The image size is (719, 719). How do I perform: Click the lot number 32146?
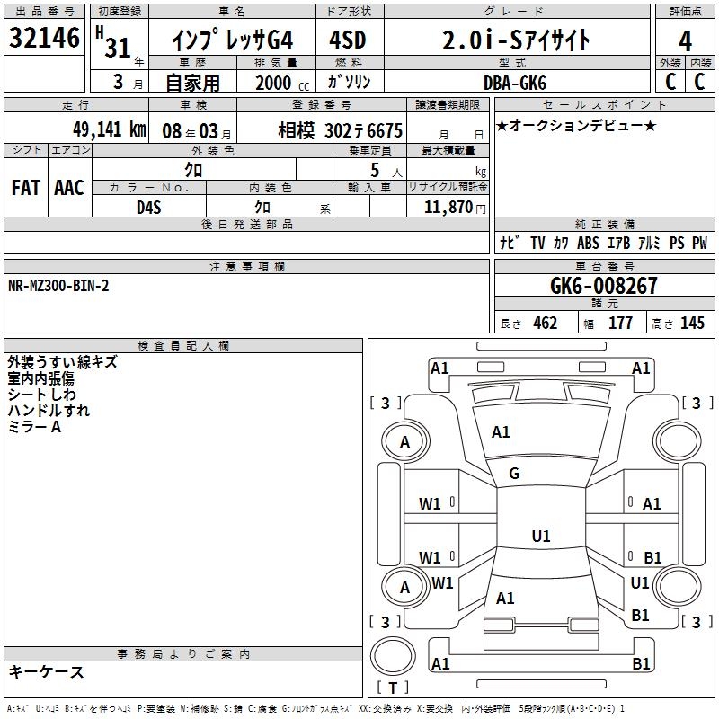[44, 38]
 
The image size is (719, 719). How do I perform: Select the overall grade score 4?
[685, 41]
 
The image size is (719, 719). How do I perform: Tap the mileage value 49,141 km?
[109, 129]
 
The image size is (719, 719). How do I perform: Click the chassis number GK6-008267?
[604, 286]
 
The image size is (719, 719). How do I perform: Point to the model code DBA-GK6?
[515, 83]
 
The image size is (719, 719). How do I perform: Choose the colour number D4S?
[149, 208]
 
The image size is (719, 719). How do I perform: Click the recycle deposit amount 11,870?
[448, 208]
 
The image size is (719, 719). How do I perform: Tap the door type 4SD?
[348, 40]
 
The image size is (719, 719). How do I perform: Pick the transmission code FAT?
[26, 188]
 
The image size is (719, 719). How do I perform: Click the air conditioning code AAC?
[69, 188]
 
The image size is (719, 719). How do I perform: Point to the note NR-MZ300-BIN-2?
[58, 286]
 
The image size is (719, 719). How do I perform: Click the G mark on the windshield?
[514, 474]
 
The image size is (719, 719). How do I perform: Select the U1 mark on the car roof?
[541, 536]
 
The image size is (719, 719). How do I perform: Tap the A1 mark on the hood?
[501, 432]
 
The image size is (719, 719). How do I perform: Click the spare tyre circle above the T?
[393, 655]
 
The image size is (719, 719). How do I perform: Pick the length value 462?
[546, 323]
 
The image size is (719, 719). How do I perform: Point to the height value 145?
[692, 323]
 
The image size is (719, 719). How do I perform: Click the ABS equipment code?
[588, 243]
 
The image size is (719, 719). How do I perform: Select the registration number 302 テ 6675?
[363, 131]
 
